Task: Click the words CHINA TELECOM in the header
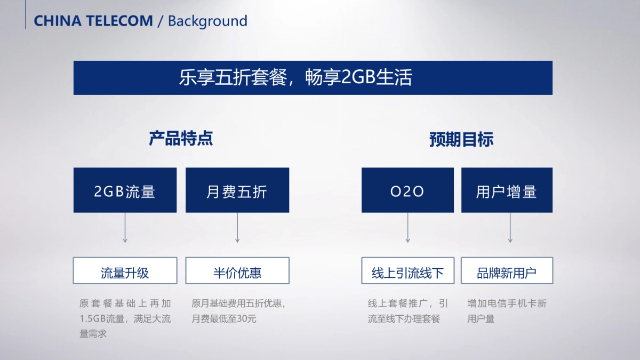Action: coord(93,21)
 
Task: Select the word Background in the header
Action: coord(207,21)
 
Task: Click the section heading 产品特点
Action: coord(181,139)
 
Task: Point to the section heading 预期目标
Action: coord(461,140)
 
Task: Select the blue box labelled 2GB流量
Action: coord(125,190)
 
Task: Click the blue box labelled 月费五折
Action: coord(237,190)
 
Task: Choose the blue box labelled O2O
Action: coord(407,190)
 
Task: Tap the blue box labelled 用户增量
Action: coord(507,190)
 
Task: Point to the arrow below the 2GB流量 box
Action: coord(125,228)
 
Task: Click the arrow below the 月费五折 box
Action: coord(237,228)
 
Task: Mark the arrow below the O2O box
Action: coord(407,228)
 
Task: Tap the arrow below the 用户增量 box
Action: coord(510,228)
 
